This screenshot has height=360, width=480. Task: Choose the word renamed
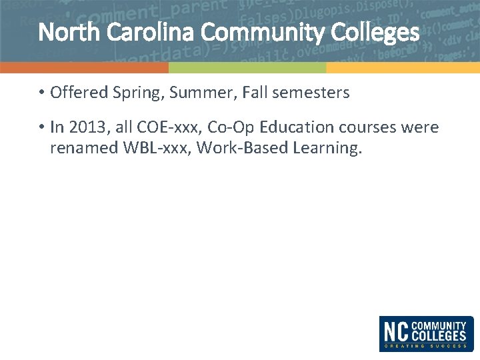(84, 148)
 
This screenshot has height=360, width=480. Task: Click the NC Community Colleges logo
(427, 333)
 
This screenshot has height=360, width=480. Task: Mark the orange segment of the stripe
(84, 67)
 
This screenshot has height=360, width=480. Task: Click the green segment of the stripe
(247, 67)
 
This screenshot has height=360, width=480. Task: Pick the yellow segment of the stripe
(403, 67)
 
